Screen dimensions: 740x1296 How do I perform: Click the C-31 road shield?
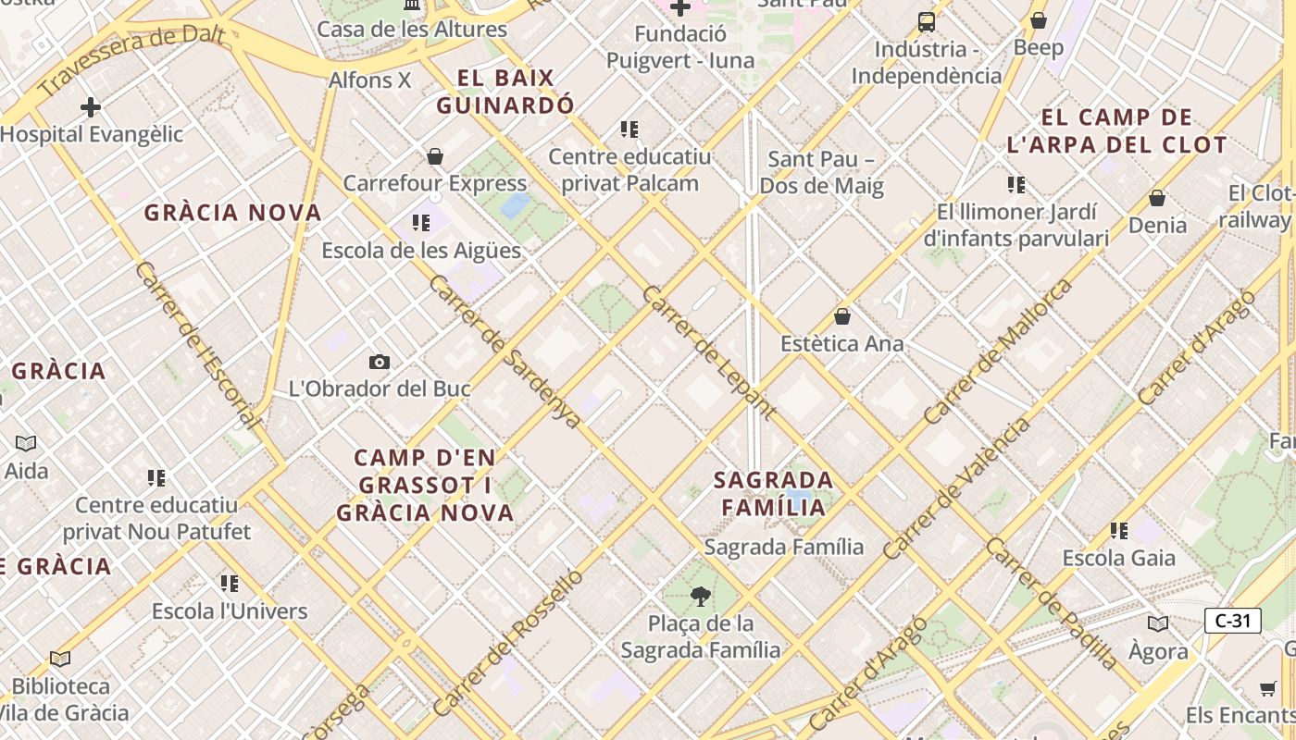click(x=1232, y=621)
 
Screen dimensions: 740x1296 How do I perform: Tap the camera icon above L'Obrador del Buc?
click(x=379, y=362)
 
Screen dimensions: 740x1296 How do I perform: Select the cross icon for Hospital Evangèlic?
click(x=90, y=107)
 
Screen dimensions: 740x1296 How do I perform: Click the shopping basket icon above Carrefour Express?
click(x=435, y=156)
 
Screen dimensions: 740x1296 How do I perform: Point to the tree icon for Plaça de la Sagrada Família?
click(x=701, y=596)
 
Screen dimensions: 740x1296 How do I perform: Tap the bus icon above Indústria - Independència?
click(x=926, y=21)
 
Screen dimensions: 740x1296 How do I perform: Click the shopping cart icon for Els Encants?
click(x=1267, y=688)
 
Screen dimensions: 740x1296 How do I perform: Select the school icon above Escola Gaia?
click(x=1118, y=531)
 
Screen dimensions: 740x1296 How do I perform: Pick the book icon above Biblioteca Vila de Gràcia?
click(x=60, y=659)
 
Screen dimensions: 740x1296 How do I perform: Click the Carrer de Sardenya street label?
click(x=505, y=351)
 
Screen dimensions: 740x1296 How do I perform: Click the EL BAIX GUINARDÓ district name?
click(x=505, y=92)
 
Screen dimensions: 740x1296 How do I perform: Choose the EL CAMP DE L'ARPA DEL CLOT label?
click(x=1116, y=131)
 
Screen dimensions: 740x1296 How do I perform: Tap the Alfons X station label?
click(x=369, y=80)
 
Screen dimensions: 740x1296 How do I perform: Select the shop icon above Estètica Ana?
click(x=842, y=316)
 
